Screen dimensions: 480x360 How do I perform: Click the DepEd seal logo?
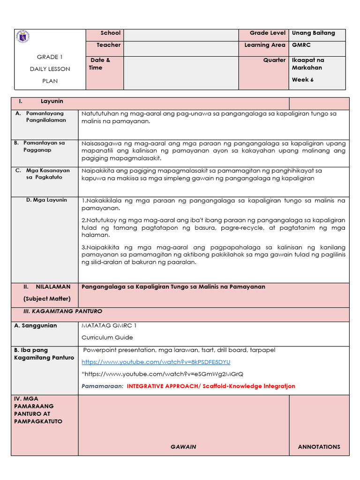[x=22, y=37]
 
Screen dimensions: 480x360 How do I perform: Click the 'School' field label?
[x=111, y=33]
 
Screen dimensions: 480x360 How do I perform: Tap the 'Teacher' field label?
[x=109, y=45]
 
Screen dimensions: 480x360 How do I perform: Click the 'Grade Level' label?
[x=267, y=33]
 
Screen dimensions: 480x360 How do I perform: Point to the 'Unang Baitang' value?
[x=313, y=33]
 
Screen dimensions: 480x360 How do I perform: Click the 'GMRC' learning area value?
[x=301, y=45]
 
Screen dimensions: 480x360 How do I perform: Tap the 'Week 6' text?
[x=303, y=80]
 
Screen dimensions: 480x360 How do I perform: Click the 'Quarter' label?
[x=274, y=60]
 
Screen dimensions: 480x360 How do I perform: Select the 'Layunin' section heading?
[x=52, y=102]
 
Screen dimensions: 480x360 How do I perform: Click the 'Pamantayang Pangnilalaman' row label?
[x=45, y=117]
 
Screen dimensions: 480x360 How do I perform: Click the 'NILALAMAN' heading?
[x=53, y=287]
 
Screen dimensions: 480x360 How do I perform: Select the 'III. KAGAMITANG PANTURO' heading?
[x=63, y=311]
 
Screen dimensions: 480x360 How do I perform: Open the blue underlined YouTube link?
[x=156, y=362]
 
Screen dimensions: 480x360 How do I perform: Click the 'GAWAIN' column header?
[x=183, y=447]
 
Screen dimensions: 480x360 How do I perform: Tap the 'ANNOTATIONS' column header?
[x=319, y=447]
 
